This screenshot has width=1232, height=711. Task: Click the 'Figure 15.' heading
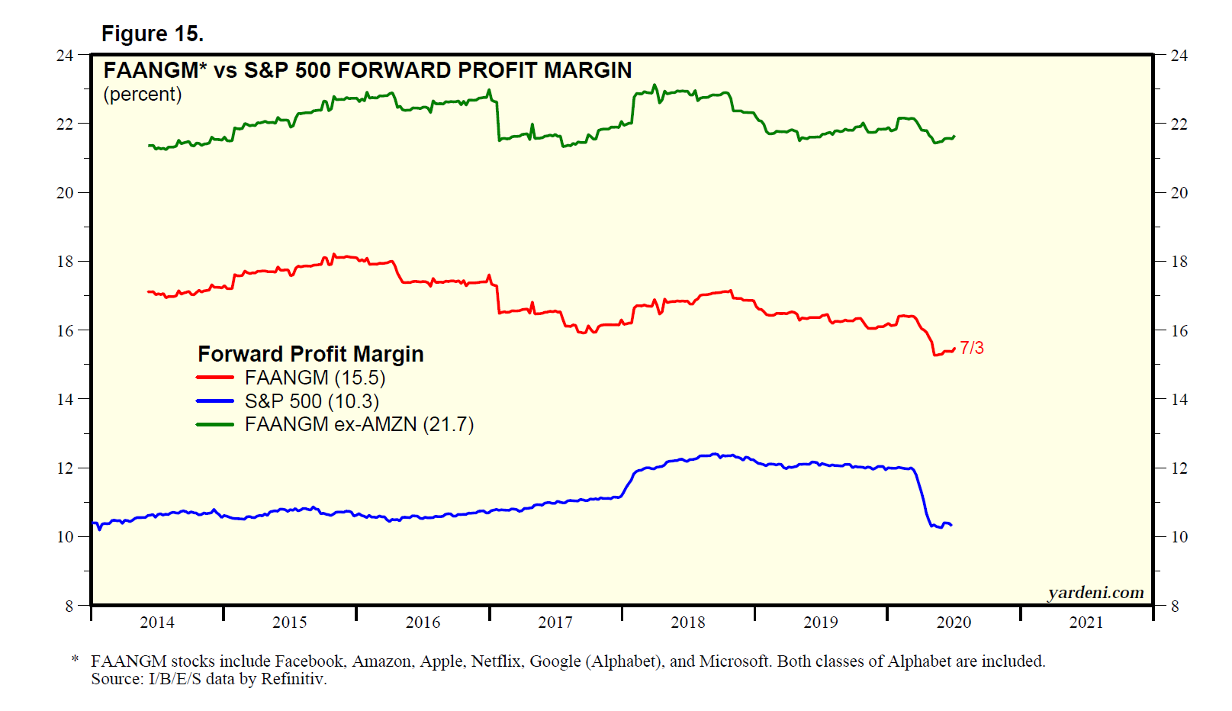(x=153, y=34)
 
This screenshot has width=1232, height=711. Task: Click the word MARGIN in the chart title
(x=587, y=70)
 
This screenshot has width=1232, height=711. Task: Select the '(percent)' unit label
(x=143, y=95)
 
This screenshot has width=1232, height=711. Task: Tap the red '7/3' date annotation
(x=971, y=348)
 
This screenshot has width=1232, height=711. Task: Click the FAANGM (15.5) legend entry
(x=314, y=378)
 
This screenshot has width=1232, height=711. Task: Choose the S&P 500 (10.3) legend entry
(x=311, y=401)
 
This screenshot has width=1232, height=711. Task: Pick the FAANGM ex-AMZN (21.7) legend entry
(x=359, y=424)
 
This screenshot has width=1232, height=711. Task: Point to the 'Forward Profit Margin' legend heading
(x=310, y=354)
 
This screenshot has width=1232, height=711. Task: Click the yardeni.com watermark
(x=1095, y=593)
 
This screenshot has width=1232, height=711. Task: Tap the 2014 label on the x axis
(x=157, y=623)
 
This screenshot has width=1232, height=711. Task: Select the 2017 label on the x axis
(x=555, y=623)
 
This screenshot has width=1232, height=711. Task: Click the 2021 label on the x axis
(x=1086, y=623)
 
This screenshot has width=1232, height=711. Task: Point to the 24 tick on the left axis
(x=65, y=55)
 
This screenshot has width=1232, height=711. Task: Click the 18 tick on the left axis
(x=65, y=262)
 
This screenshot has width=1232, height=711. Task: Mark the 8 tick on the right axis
(x=1175, y=606)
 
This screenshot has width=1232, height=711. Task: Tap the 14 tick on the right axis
(x=1179, y=400)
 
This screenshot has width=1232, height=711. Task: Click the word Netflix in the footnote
(x=496, y=661)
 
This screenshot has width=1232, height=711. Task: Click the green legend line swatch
(x=215, y=424)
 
